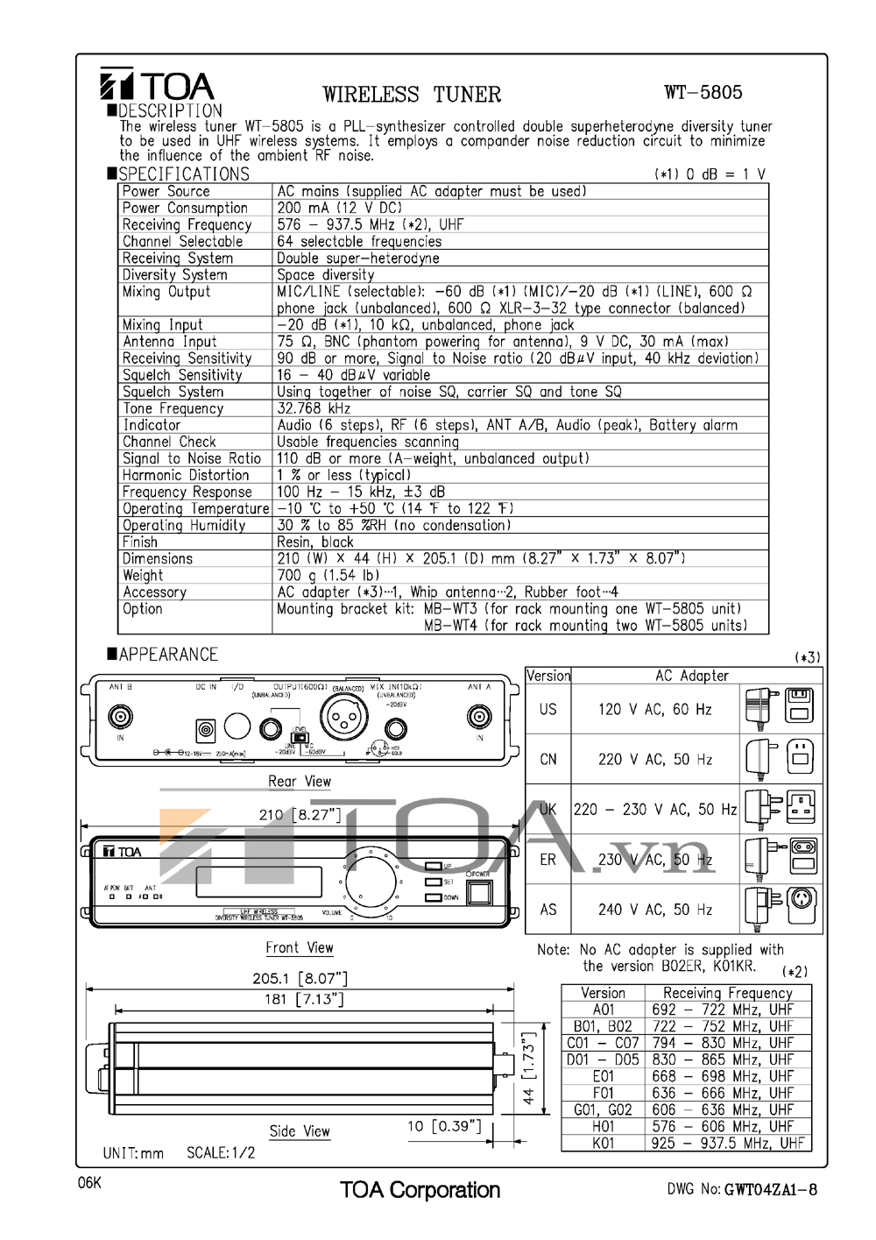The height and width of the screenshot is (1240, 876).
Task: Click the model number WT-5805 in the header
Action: pyautogui.click(x=703, y=92)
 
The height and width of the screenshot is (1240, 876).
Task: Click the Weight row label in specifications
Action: pyautogui.click(x=143, y=576)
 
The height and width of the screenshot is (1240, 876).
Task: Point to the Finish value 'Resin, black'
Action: pyautogui.click(x=315, y=542)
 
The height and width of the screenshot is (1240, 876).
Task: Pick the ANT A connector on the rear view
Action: pyautogui.click(x=478, y=717)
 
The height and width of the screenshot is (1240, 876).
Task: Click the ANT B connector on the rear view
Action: pyautogui.click(x=120, y=717)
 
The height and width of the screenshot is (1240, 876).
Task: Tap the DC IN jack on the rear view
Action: pyautogui.click(x=206, y=729)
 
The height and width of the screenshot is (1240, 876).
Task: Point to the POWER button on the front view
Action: pyautogui.click(x=478, y=892)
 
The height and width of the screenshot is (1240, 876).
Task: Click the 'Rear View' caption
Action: pyautogui.click(x=300, y=782)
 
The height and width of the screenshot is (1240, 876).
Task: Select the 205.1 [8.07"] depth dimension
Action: pyautogui.click(x=300, y=978)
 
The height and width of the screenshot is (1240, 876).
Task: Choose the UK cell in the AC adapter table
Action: pyautogui.click(x=548, y=810)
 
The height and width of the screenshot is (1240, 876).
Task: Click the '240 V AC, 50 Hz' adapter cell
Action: pyautogui.click(x=655, y=910)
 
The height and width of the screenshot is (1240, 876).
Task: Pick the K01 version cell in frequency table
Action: pyautogui.click(x=604, y=1144)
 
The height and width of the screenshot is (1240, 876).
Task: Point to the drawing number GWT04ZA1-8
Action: pyautogui.click(x=771, y=1189)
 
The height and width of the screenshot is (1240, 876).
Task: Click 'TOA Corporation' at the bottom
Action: pyautogui.click(x=420, y=1190)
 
